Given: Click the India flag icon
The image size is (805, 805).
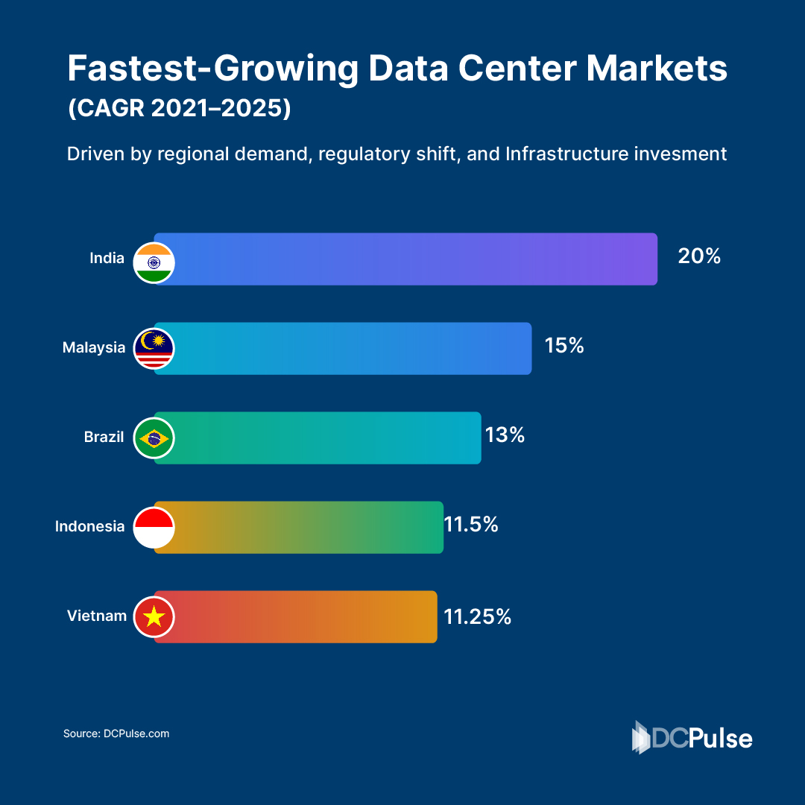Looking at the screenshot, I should click(154, 262).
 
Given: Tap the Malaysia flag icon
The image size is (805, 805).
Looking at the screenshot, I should click(154, 348).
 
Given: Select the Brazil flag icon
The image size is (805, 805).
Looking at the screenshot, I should click(154, 438).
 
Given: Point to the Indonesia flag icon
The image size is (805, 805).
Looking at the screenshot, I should click(154, 527).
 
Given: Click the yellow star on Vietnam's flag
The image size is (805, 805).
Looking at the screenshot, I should click(154, 616).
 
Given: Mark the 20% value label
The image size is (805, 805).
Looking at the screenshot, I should click(699, 256).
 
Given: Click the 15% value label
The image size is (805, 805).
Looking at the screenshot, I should click(564, 346).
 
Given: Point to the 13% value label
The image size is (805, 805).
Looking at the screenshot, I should click(505, 435).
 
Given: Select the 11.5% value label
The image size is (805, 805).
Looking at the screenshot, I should click(471, 525).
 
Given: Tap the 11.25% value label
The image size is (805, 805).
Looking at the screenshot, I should click(478, 616).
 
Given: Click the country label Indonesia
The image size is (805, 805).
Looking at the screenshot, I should click(89, 526).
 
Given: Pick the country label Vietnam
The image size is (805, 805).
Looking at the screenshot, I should click(96, 616).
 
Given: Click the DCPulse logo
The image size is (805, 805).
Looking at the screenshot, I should click(692, 737).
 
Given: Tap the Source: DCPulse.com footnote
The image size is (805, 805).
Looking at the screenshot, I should click(116, 733).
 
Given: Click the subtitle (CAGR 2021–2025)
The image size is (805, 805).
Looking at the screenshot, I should click(179, 109).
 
